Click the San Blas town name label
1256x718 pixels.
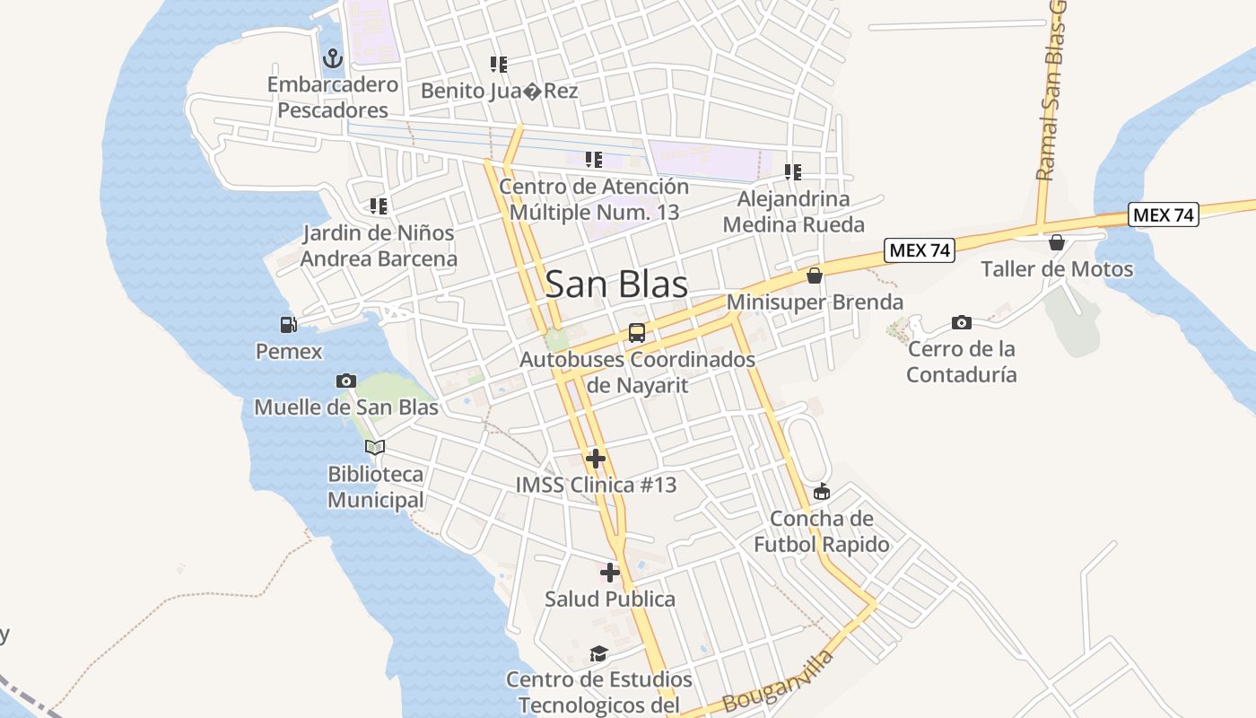(x=616, y=285)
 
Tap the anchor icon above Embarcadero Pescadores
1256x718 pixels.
(x=333, y=59)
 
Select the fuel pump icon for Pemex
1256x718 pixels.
(x=288, y=325)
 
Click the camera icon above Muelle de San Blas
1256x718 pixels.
(x=346, y=381)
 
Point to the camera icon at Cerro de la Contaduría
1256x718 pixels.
(x=961, y=322)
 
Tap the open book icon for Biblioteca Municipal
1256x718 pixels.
(x=375, y=447)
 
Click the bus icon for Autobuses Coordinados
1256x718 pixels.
(x=637, y=333)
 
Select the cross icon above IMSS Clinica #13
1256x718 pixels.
(x=595, y=460)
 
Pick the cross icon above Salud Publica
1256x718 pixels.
(x=610, y=573)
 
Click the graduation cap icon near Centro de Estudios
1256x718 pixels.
(x=598, y=653)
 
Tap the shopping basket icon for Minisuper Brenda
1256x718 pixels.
(x=815, y=276)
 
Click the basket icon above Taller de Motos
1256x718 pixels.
(x=1057, y=242)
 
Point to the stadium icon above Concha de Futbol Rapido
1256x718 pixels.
(x=822, y=492)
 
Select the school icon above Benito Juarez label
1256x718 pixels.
(x=499, y=65)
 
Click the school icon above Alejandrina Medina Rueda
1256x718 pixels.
(x=793, y=171)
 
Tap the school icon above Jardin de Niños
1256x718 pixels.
(x=379, y=206)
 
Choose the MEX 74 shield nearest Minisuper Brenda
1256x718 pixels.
(x=919, y=250)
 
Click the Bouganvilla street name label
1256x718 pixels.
(x=777, y=682)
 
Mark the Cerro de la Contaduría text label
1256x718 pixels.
(x=961, y=362)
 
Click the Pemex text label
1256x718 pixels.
(x=289, y=351)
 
